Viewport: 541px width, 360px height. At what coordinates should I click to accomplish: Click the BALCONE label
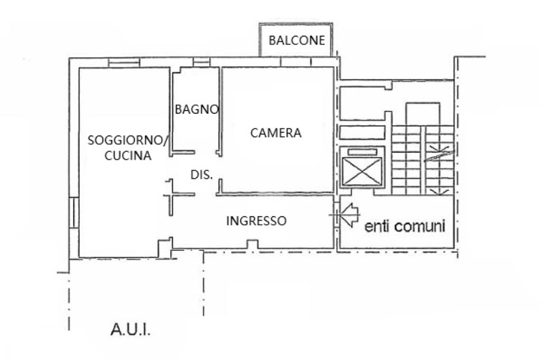pyautogui.click(x=296, y=40)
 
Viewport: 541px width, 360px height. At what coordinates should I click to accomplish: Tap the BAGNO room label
pyautogui.click(x=197, y=110)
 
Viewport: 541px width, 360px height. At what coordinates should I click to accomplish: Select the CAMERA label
pyautogui.click(x=276, y=133)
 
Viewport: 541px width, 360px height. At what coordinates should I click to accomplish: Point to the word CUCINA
pyautogui.click(x=128, y=156)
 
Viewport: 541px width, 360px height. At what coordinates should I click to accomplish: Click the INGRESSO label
pyautogui.click(x=256, y=221)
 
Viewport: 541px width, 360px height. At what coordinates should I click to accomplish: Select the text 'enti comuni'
pyautogui.click(x=405, y=226)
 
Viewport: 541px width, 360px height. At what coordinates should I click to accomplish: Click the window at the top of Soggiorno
pyautogui.click(x=124, y=62)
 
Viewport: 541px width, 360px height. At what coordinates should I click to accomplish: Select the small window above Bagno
pyautogui.click(x=201, y=63)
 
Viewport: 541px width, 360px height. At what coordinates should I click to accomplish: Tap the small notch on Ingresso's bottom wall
pyautogui.click(x=253, y=244)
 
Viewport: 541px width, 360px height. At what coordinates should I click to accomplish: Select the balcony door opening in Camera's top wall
pyautogui.click(x=296, y=62)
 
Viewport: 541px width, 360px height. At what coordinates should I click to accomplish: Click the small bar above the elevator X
pyautogui.click(x=362, y=152)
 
